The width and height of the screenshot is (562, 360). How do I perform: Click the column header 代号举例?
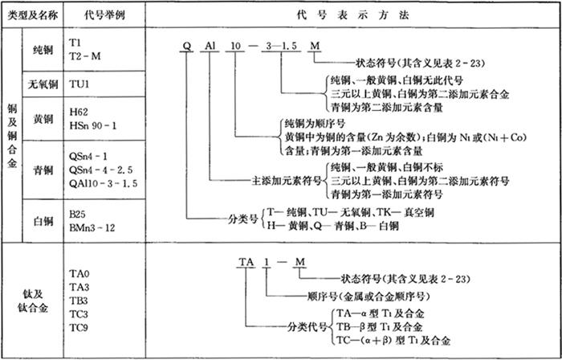pyautogui.click(x=100, y=15)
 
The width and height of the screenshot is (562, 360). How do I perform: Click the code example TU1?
pyautogui.click(x=79, y=84)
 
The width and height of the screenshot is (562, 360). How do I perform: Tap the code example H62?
pyautogui.click(x=80, y=112)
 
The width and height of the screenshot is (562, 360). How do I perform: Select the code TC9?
pyautogui.click(x=79, y=327)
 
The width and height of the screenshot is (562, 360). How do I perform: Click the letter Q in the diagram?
pyautogui.click(x=186, y=47)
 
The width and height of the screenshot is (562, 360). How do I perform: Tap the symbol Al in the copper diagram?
pyautogui.click(x=212, y=47)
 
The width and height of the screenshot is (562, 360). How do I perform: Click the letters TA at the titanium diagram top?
pyautogui.click(x=246, y=262)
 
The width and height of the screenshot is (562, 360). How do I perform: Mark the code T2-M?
pyautogui.click(x=85, y=55)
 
